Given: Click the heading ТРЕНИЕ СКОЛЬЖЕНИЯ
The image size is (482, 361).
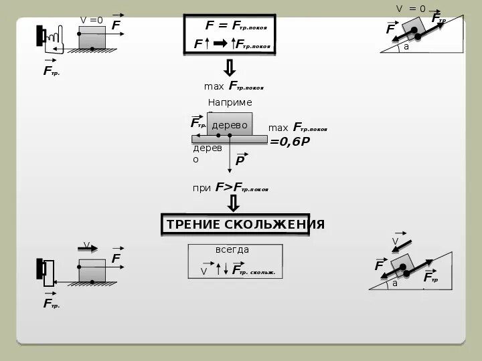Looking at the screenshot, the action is tap(244, 224).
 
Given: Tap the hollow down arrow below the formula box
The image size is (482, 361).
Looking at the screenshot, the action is tap(229, 68).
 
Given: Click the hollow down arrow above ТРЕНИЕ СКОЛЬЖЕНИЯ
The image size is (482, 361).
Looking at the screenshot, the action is tap(234, 203).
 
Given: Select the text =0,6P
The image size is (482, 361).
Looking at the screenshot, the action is tap(290, 141).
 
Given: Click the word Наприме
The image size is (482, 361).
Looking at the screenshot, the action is tap(230, 102).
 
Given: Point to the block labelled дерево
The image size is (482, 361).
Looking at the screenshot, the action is tap(230, 124).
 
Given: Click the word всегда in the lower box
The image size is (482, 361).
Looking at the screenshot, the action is tap(232, 249).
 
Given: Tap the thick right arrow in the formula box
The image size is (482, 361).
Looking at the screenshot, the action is tap(220, 43).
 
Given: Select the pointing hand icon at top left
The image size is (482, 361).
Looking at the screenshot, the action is tap(54, 39).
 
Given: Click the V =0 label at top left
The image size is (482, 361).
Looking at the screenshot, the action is tap(92, 20).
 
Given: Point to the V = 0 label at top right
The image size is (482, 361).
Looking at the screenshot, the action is tap(410, 9).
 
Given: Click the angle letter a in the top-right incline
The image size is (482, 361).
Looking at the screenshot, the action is tap(406, 47).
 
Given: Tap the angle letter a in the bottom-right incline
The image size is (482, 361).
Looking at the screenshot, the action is tap(395, 283).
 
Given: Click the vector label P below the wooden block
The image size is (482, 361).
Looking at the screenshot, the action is tap(240, 160).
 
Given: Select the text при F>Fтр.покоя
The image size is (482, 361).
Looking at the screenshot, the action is tap(230, 188).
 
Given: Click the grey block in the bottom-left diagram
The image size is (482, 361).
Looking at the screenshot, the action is tap(92, 269).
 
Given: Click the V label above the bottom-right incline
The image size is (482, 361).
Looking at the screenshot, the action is tap(395, 241).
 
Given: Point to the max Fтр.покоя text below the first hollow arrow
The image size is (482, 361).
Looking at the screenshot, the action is tap(234, 86).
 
